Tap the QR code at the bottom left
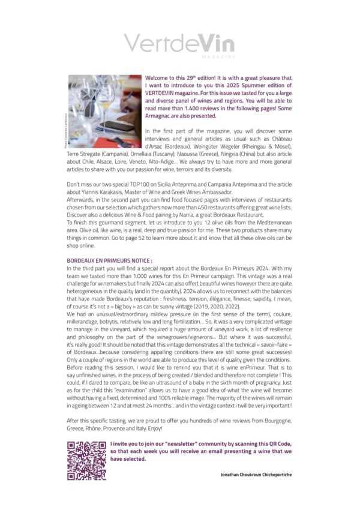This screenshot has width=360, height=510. click(x=86, y=461)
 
